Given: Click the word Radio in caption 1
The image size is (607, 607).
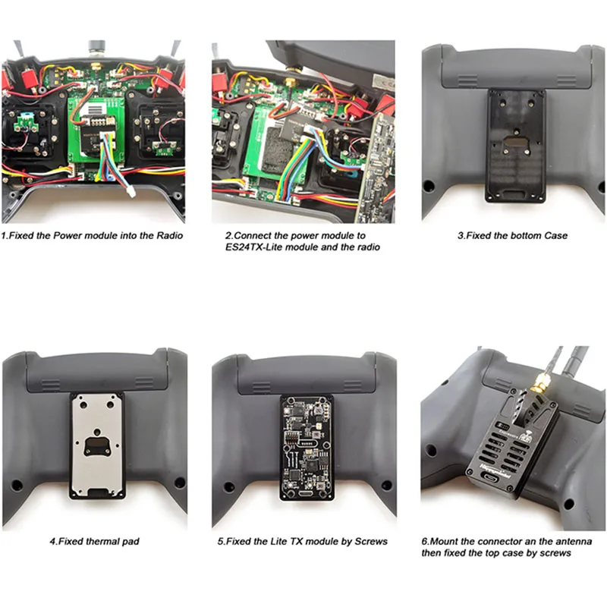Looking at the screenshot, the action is click(168, 235).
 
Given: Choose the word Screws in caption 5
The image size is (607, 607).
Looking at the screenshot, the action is click(370, 542).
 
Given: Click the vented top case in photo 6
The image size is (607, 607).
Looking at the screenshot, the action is click(510, 448).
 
